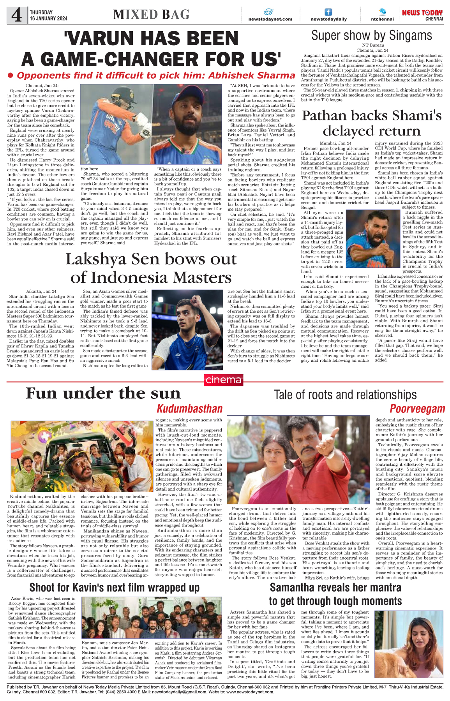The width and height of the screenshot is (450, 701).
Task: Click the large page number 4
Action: (x=17, y=16)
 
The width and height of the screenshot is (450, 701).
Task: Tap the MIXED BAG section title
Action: (x=151, y=15)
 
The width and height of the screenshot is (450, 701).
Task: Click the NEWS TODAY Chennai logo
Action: (x=422, y=15)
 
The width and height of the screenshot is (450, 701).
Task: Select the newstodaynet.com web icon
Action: (x=268, y=12)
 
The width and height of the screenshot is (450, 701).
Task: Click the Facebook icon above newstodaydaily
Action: (x=328, y=12)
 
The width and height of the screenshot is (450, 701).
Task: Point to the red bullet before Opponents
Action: (x=11, y=75)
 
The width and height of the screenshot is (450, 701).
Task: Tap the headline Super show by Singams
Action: (x=371, y=36)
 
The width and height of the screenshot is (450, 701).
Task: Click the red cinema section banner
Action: (x=223, y=380)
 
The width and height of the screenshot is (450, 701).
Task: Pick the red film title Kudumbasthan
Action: (x=189, y=409)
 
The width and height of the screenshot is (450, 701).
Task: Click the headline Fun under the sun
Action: (x=103, y=393)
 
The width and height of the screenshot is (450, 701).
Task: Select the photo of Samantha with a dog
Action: (x=409, y=644)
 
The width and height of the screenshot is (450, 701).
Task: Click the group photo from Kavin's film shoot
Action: (x=151, y=617)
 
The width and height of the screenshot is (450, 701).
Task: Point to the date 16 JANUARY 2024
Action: (x=49, y=18)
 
